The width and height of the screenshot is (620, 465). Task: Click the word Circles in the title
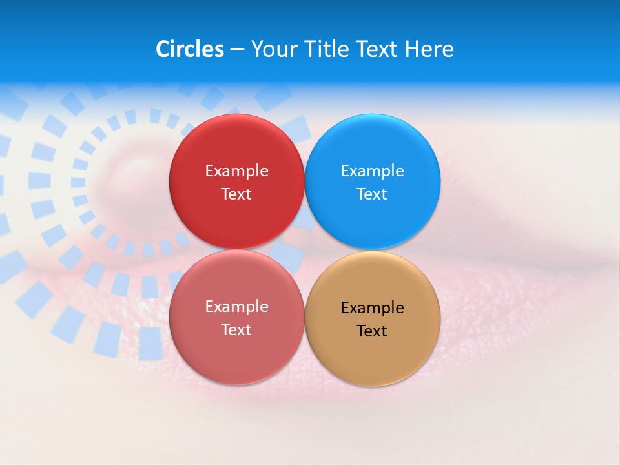[x=189, y=49]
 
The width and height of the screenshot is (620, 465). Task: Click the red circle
[x=236, y=149]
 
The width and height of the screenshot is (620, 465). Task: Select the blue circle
[x=373, y=149]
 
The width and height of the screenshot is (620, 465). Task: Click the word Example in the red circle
[x=236, y=171]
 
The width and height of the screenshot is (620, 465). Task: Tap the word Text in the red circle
[x=236, y=194]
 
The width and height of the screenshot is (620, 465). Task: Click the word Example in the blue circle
[x=372, y=171]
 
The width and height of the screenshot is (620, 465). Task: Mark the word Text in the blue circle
[x=372, y=194]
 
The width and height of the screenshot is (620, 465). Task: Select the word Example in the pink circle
[x=236, y=307]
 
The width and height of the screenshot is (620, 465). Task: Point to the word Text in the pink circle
[x=236, y=330]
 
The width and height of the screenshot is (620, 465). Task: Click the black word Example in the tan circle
[x=372, y=308]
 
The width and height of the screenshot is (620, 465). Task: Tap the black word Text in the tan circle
[x=372, y=331]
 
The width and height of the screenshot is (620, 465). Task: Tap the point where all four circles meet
[x=304, y=250]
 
